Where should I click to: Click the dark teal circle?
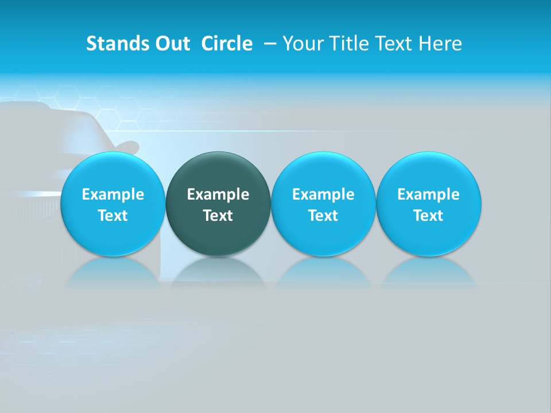pos(218,204)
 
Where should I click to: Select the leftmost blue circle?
pos(112,204)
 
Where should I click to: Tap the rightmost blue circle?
pos(428,204)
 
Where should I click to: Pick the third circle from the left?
pos(323,204)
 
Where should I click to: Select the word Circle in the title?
pos(227,44)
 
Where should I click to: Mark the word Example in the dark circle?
pos(218,194)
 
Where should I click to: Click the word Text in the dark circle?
pos(218,216)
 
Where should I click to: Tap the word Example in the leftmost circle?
pos(112,194)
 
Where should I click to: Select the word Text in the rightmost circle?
pos(428,216)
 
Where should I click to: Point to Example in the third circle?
pos(323,194)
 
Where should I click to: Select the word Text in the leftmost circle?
pos(112,216)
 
